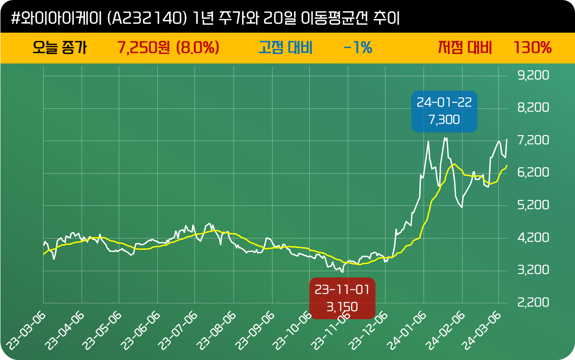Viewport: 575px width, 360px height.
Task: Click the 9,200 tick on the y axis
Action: click(x=533, y=75)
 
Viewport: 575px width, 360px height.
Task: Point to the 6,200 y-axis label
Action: click(x=533, y=172)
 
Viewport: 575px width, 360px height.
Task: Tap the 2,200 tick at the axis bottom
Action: click(x=533, y=302)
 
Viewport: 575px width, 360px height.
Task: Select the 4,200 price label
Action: click(x=533, y=237)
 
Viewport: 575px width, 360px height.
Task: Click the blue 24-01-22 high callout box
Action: click(x=444, y=111)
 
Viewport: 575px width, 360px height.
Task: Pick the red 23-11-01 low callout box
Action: click(x=342, y=298)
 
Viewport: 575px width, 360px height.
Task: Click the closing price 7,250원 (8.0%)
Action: click(x=168, y=47)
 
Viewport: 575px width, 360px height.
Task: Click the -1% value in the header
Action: click(x=358, y=47)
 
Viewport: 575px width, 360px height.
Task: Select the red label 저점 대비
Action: click(x=465, y=47)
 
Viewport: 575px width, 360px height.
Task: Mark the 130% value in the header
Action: click(x=532, y=47)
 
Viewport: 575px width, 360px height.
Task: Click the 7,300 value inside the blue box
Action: click(x=444, y=120)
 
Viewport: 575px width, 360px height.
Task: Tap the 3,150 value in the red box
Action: click(x=342, y=306)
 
